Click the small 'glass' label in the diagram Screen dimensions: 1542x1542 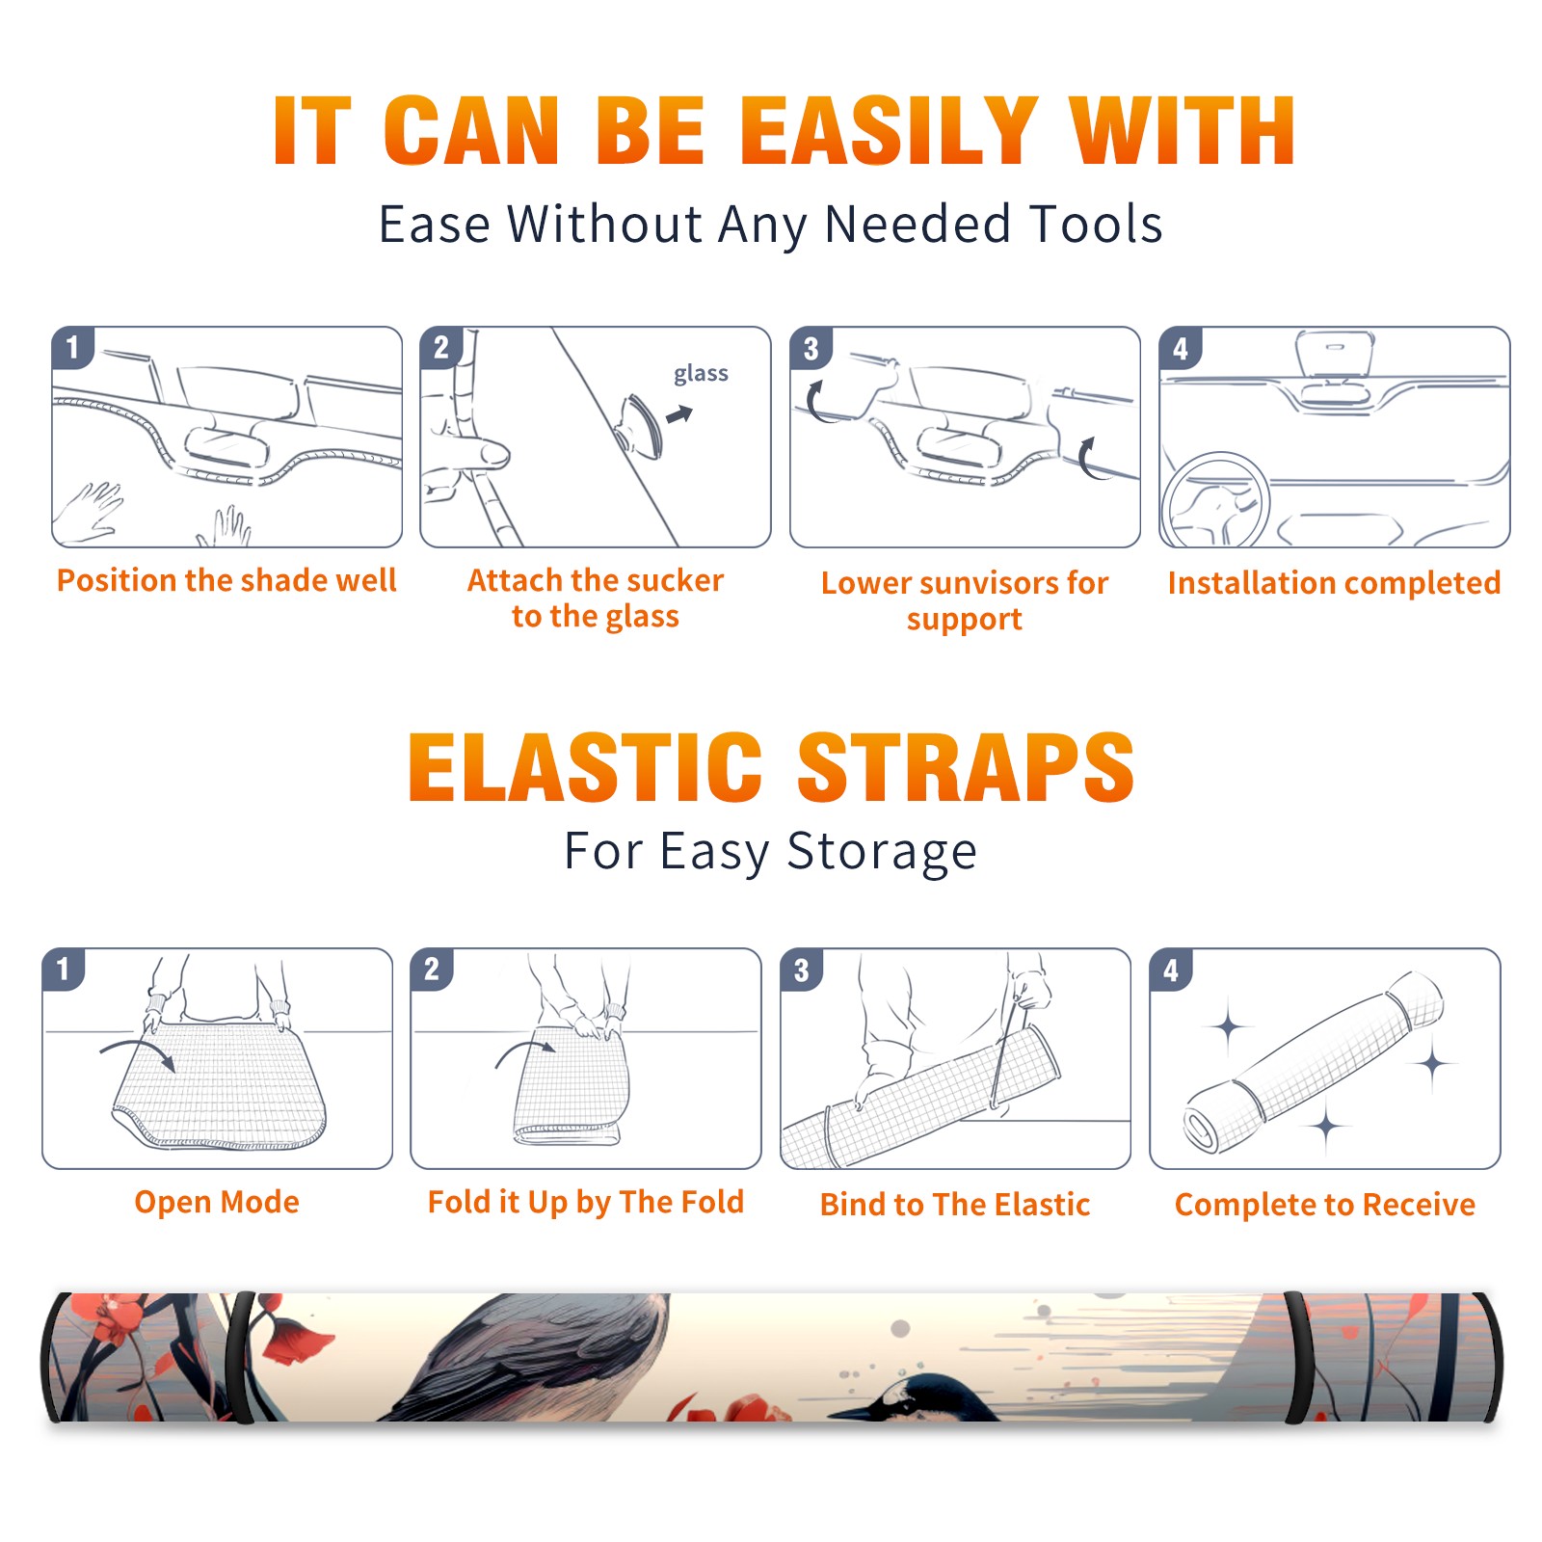[x=701, y=374]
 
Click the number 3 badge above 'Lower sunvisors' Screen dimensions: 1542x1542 [x=811, y=348]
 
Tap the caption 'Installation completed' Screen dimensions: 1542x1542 [x=1334, y=582]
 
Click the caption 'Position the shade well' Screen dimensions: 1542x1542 [x=226, y=580]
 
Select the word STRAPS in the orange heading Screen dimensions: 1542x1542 [x=966, y=767]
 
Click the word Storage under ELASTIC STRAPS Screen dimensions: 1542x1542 [x=882, y=852]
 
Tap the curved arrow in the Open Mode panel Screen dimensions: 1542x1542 [x=138, y=1051]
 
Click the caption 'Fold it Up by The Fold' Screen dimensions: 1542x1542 [x=586, y=1203]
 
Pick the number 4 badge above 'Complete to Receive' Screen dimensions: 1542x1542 [x=1171, y=970]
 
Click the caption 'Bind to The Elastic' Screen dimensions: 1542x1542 [x=955, y=1205]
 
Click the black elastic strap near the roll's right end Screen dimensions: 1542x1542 [x=1298, y=1358]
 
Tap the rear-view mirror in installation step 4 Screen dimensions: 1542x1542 [x=1335, y=355]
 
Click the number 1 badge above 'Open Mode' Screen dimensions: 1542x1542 [x=64, y=970]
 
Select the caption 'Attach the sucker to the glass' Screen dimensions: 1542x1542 [x=596, y=598]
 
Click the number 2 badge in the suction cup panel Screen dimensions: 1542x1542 [x=441, y=348]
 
